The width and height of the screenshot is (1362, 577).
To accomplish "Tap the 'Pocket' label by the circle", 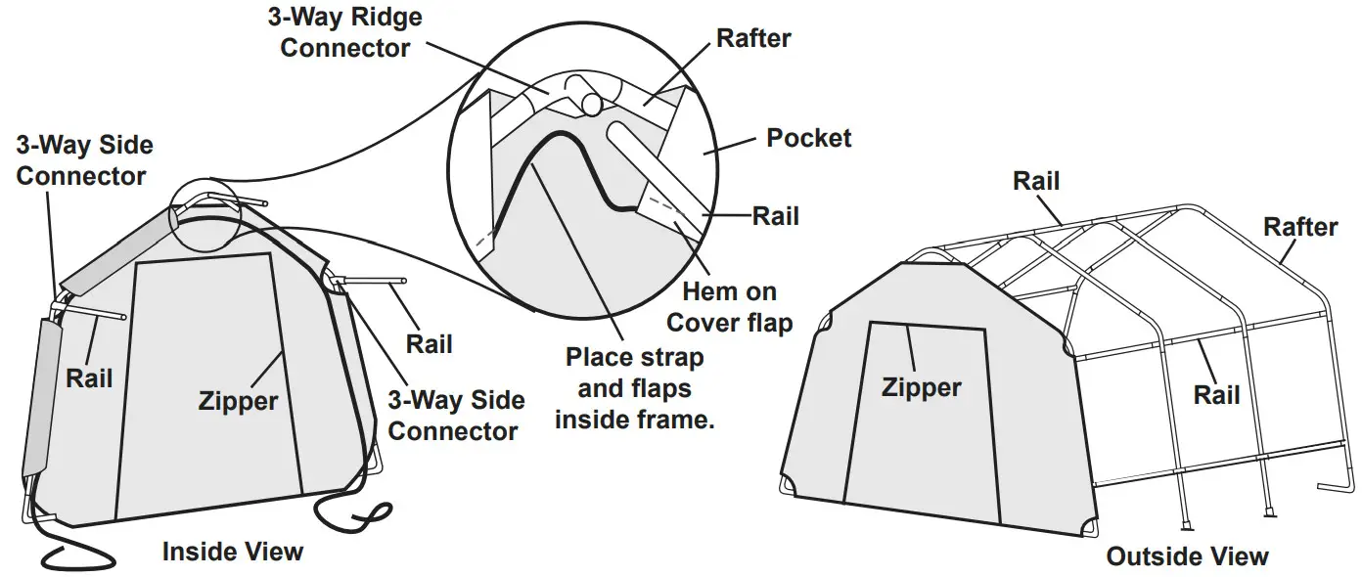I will pos(808,138).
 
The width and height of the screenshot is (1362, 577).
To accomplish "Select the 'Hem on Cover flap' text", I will pos(729,307).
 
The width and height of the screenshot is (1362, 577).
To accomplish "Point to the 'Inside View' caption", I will pos(233,552).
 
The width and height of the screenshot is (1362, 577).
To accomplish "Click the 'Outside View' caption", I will pos(1187,556).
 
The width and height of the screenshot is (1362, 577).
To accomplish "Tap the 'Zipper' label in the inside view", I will pos(238,400).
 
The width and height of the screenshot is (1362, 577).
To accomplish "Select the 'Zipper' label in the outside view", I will pos(921,387).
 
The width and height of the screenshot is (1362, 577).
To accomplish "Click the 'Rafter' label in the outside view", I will pos(1299,227).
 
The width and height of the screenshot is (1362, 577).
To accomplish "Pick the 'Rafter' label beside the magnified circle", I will pos(753,38).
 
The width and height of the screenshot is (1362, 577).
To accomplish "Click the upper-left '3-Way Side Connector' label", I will pos(83,161).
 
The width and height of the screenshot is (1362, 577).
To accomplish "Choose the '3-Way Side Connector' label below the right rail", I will pos(456,415).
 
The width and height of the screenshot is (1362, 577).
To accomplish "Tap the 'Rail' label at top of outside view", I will pos(1035,180).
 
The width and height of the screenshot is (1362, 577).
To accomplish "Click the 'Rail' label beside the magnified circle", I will pos(775,215).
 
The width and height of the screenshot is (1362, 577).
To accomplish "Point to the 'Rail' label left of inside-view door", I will pos(90,377).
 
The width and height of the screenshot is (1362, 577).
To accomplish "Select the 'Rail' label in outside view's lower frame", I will pos(1216,394).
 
